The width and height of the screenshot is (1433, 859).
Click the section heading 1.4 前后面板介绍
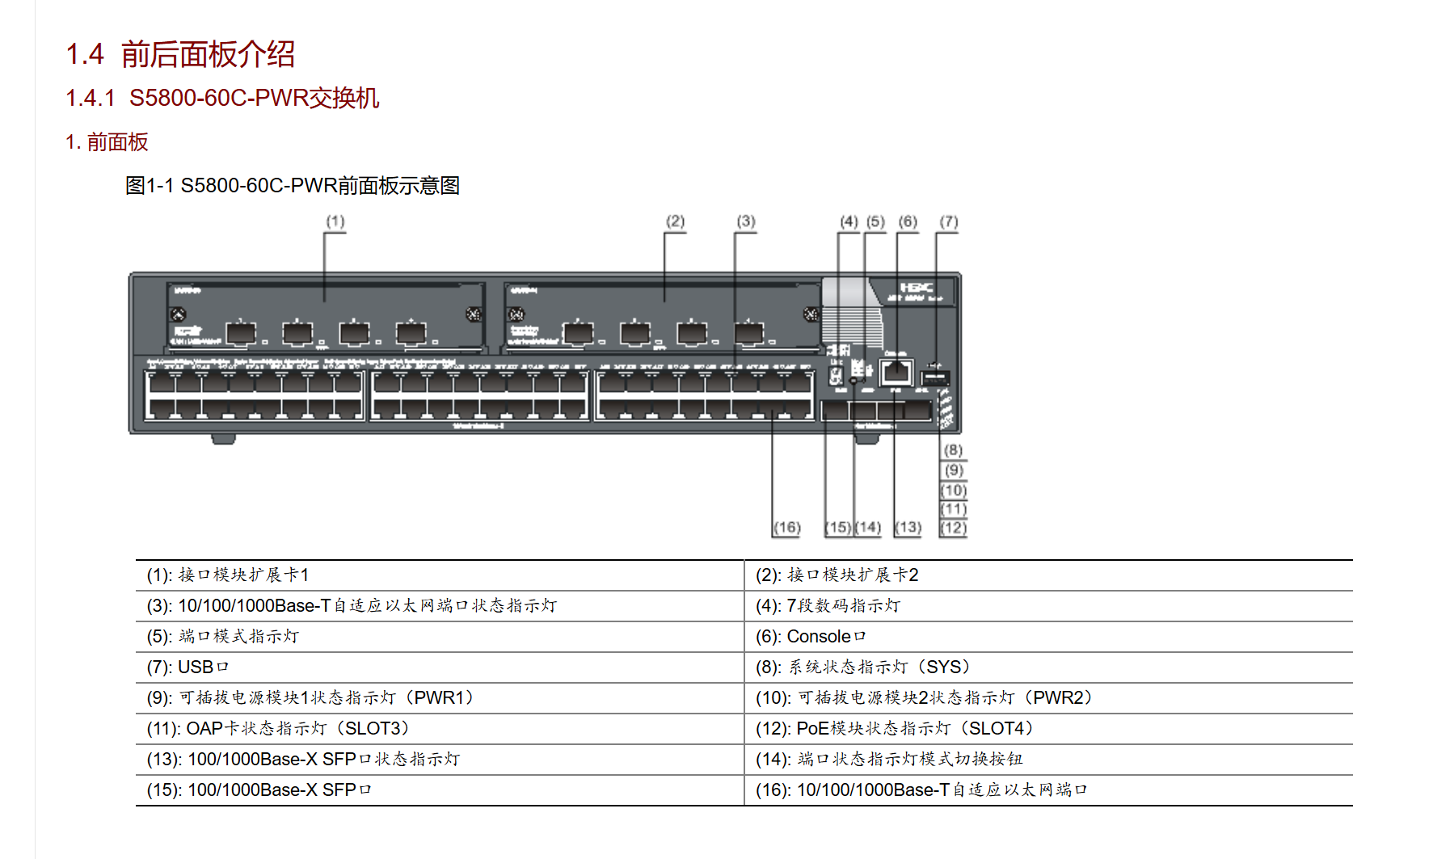pyautogui.click(x=180, y=55)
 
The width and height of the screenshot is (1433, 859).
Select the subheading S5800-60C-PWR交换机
pyautogui.click(x=222, y=98)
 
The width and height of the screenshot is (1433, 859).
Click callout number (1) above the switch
pyautogui.click(x=335, y=221)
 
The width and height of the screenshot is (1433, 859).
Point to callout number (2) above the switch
pyautogui.click(x=675, y=221)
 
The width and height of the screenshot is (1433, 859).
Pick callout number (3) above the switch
pyautogui.click(x=746, y=221)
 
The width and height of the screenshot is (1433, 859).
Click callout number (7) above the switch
pyautogui.click(x=949, y=221)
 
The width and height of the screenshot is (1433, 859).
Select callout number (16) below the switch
pyautogui.click(x=786, y=528)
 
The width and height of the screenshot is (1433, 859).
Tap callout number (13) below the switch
pyautogui.click(x=908, y=528)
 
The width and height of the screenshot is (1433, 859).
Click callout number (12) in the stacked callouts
pyautogui.click(x=954, y=528)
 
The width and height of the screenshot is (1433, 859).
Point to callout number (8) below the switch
pyautogui.click(x=954, y=450)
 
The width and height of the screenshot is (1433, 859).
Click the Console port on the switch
pyautogui.click(x=896, y=373)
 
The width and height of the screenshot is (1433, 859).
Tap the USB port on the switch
pyautogui.click(x=935, y=377)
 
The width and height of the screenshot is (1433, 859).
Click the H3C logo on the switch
pyautogui.click(x=917, y=288)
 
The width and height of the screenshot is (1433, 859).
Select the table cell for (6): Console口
pyautogui.click(x=810, y=637)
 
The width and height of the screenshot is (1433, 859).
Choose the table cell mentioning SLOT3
pyautogui.click(x=277, y=729)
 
